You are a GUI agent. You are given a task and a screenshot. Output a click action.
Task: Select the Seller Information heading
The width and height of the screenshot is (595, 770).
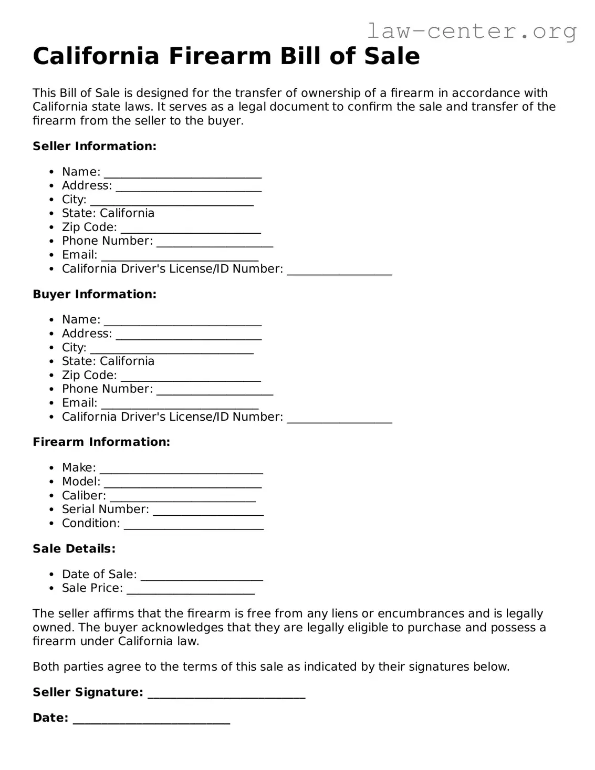click(95, 146)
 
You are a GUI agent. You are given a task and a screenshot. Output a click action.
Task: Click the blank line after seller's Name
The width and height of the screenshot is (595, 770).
click(182, 173)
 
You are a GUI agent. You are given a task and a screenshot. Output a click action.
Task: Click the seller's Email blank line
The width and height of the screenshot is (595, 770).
click(180, 256)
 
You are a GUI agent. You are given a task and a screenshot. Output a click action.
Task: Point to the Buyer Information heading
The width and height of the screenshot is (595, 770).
click(95, 294)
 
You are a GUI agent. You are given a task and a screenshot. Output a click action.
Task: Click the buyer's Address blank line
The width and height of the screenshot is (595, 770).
click(188, 335)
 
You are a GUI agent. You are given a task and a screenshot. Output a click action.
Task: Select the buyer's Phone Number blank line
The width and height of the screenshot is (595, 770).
click(214, 390)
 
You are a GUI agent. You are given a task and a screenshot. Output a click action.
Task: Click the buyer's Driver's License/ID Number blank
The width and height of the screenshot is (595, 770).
click(339, 418)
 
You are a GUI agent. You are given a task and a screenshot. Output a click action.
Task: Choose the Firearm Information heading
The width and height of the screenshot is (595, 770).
click(101, 442)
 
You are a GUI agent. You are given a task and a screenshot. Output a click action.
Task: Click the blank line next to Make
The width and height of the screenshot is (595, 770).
click(181, 469)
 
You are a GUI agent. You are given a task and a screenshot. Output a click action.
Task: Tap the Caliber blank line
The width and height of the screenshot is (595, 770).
click(182, 497)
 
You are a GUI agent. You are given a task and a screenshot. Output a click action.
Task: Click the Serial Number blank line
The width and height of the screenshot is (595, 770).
click(208, 511)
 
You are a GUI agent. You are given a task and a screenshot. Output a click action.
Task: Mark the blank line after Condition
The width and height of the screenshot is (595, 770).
click(193, 525)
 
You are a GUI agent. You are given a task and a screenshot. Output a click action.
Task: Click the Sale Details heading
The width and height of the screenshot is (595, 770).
click(74, 549)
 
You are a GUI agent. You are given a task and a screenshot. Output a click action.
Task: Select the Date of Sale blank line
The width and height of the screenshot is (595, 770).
click(202, 576)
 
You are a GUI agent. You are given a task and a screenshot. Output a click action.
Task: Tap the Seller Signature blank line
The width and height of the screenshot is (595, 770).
click(226, 694)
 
